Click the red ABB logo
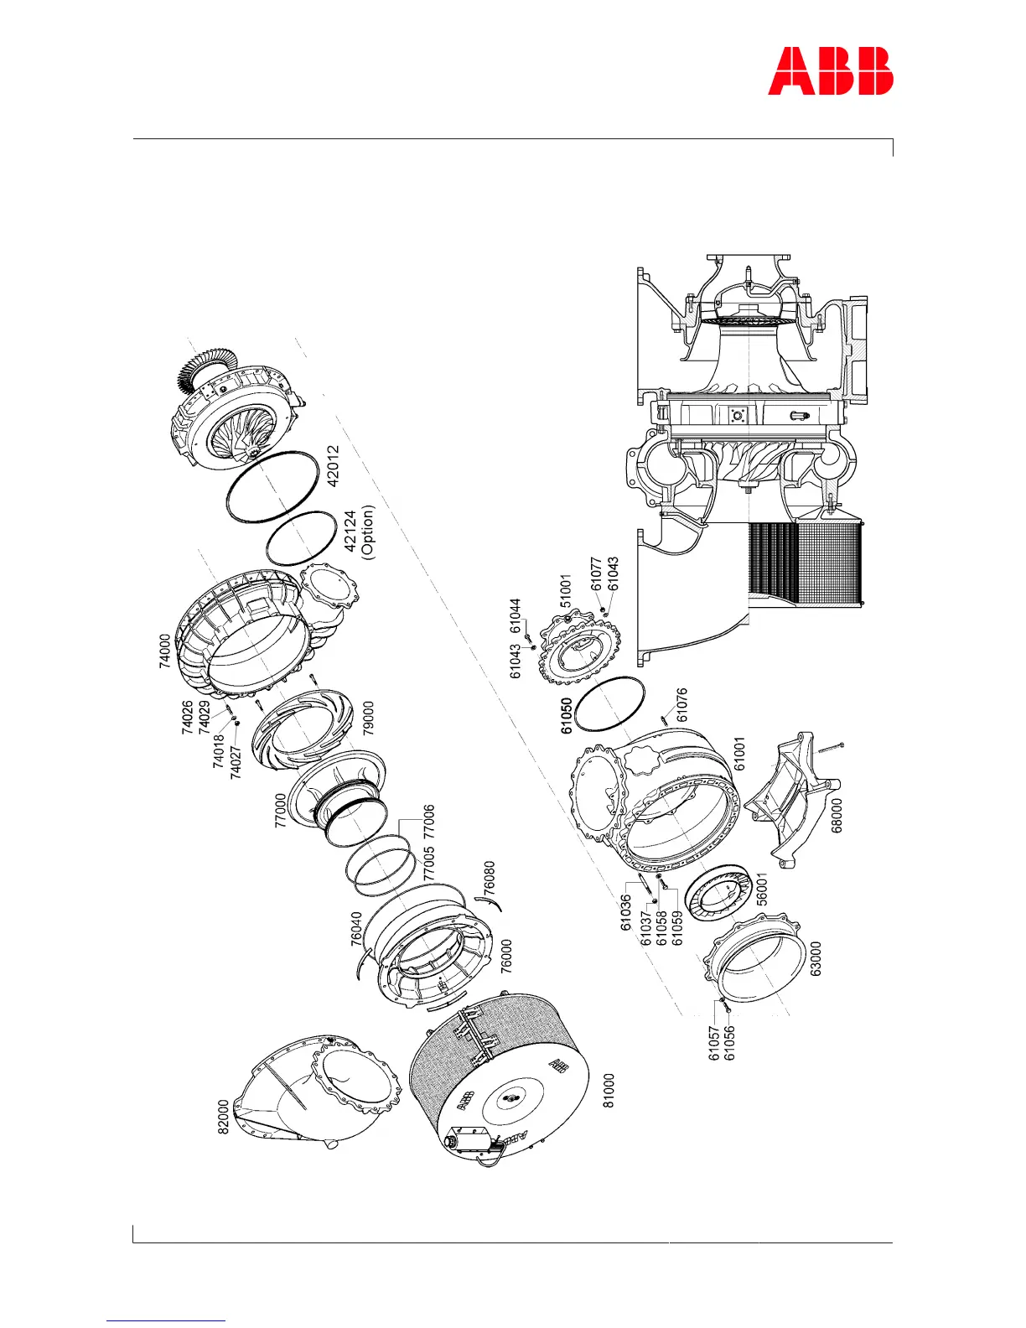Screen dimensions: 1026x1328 pos(831,71)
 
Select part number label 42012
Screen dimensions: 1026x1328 pos(334,465)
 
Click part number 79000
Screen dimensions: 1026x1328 pos(368,718)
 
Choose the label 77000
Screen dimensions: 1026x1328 pos(281,811)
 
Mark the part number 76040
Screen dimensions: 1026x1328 pos(356,929)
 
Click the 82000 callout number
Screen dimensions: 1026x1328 pos(223,1118)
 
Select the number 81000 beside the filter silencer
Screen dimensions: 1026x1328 pos(609,1091)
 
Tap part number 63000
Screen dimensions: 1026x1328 pos(816,958)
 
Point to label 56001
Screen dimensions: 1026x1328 pos(761,889)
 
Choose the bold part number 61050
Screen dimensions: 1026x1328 pos(567,716)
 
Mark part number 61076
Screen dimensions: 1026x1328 pos(682,705)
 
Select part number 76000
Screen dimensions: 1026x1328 pos(506,956)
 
